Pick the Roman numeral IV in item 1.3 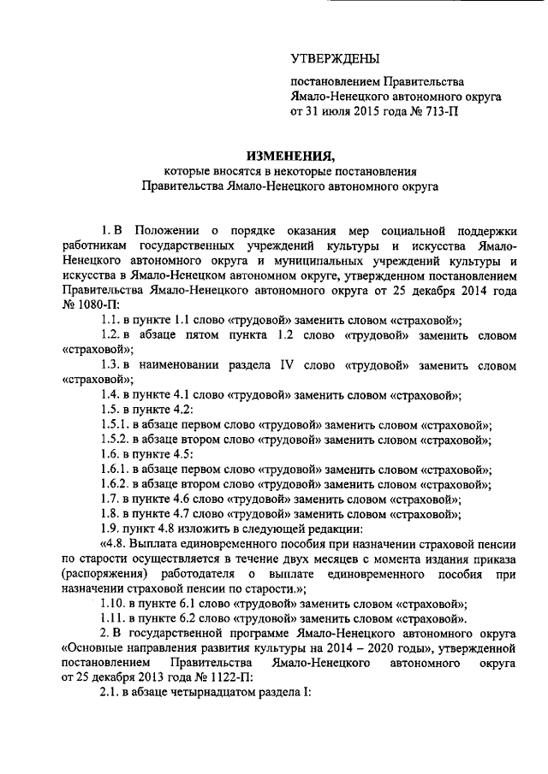coord(287,365)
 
